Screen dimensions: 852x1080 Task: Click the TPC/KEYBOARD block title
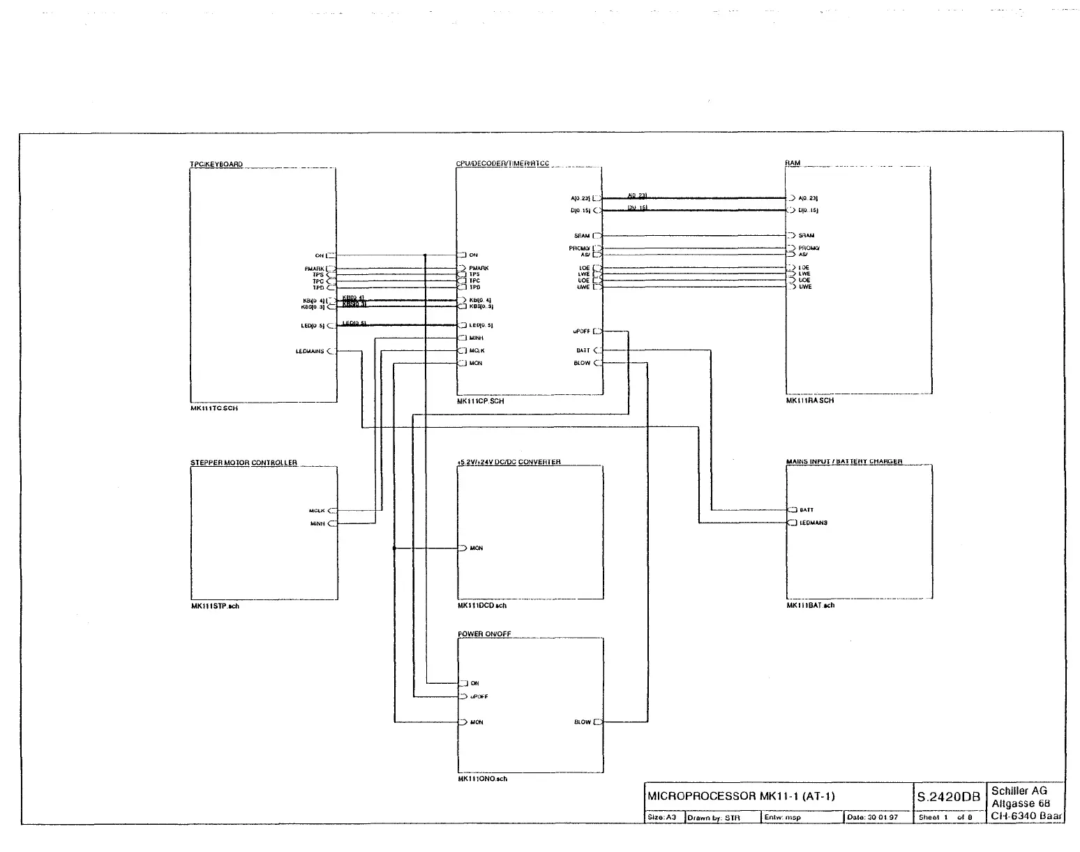[x=216, y=165]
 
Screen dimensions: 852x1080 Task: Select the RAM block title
[x=793, y=163]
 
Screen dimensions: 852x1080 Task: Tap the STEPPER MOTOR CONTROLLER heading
[x=243, y=463]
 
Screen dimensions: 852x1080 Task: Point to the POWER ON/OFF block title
[x=484, y=634]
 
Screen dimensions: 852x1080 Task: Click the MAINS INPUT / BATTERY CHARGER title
[x=844, y=462]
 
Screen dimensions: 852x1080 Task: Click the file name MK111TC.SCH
[x=214, y=408]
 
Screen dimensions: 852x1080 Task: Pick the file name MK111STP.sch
[x=215, y=606]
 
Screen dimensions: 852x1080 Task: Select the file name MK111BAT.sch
[x=811, y=606]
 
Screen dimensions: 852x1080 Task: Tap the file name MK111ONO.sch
[x=483, y=779]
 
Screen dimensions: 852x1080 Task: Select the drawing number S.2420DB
[x=949, y=797]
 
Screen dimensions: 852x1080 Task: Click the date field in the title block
[x=873, y=817]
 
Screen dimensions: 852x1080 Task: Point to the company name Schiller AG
[x=1019, y=791]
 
